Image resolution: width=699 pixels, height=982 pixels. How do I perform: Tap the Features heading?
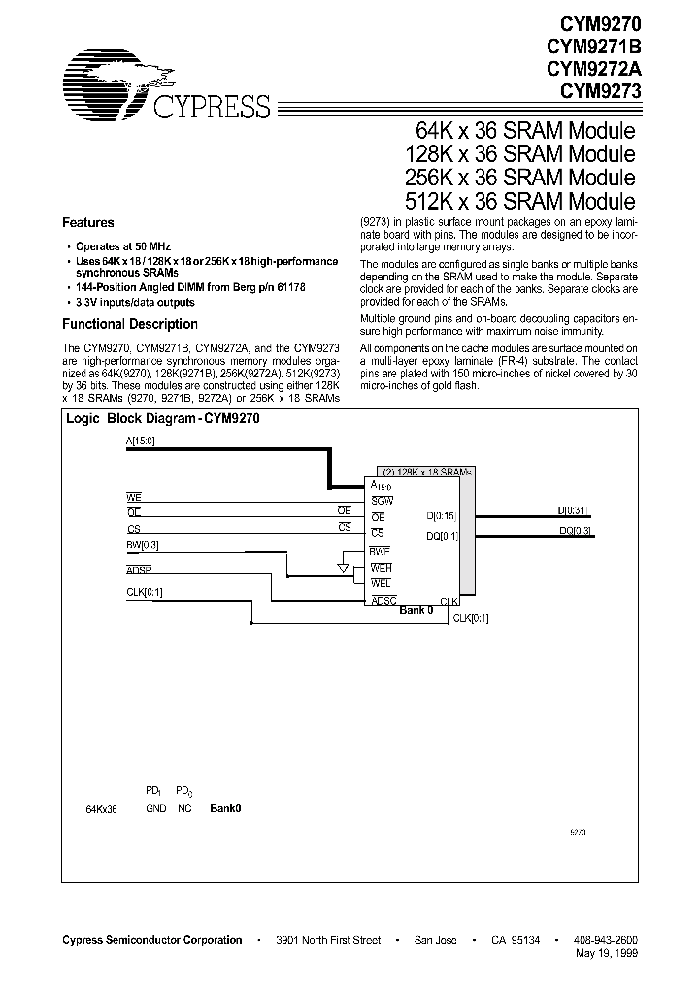[x=88, y=222]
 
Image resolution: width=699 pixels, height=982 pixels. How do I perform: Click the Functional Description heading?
[x=130, y=324]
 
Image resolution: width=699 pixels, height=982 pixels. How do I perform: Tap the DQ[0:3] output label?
[x=575, y=531]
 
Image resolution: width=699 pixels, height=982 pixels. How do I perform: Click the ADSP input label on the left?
[x=140, y=569]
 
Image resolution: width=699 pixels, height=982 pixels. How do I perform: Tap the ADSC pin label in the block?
[x=383, y=601]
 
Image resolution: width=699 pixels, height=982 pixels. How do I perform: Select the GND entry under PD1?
[x=155, y=808]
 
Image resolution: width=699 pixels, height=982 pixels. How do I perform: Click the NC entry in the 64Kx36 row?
[x=183, y=808]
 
